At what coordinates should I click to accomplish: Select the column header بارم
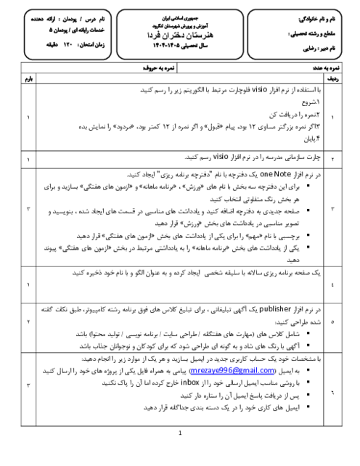(x=28, y=75)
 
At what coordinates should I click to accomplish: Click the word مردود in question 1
(x=156, y=124)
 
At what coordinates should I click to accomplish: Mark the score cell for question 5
(x=28, y=321)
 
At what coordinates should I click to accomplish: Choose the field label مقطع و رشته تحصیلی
(x=319, y=33)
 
